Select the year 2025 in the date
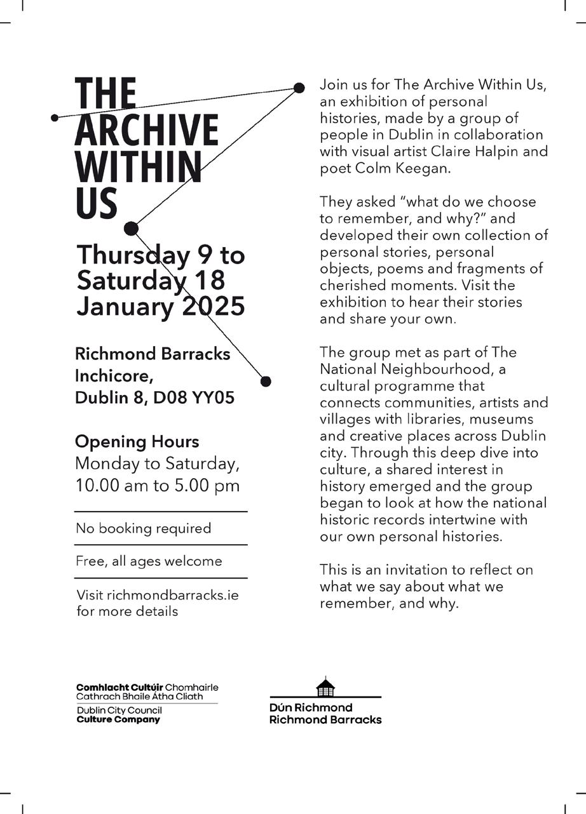tap(214, 306)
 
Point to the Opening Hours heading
tap(137, 442)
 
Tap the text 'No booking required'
tap(143, 528)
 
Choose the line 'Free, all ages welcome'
tap(149, 561)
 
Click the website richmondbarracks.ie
tap(173, 596)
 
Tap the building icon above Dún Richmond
tap(325, 687)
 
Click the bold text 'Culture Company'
tap(118, 720)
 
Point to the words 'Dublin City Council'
tap(119, 711)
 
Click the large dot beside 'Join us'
tap(299, 88)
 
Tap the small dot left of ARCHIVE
tap(55, 117)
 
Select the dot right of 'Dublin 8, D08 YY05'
tap(266, 381)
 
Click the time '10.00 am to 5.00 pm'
tap(158, 486)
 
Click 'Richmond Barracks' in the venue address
tap(153, 354)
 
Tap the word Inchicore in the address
tap(114, 375)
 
